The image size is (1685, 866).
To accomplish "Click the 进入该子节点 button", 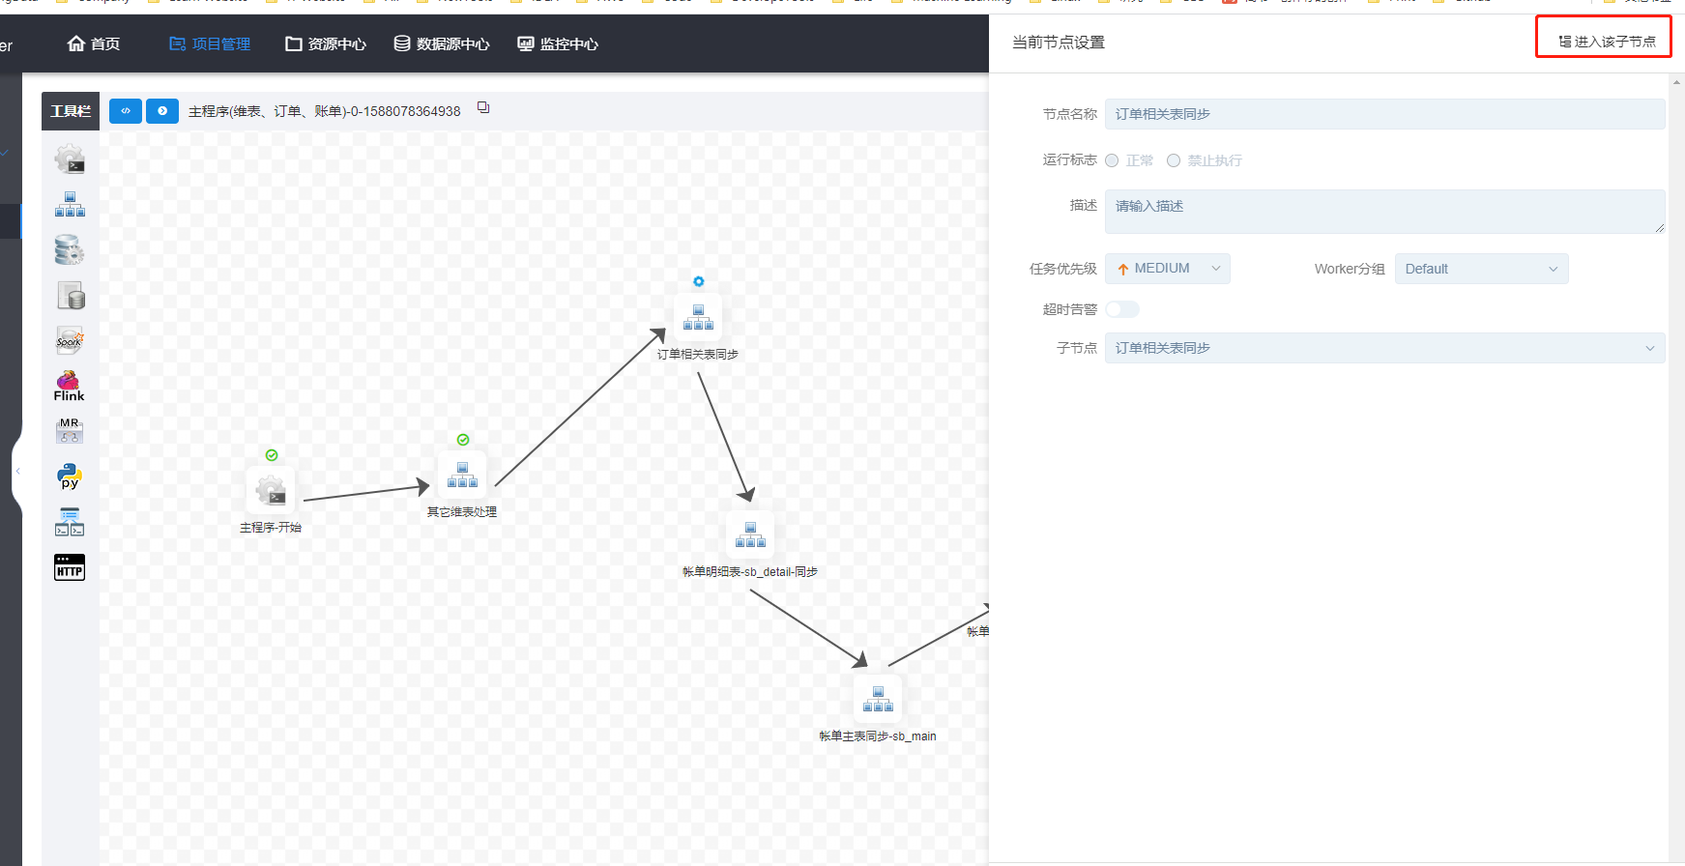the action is (x=1607, y=42).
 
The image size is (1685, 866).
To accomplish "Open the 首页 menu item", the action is (x=94, y=43).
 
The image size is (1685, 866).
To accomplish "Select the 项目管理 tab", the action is (x=210, y=43).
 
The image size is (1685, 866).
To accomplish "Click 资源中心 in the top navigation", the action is (x=326, y=43).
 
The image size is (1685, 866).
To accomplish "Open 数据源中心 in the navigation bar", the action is (x=442, y=43).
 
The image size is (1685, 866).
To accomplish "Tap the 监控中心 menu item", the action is (x=558, y=43).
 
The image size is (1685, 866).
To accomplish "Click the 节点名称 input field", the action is (x=1383, y=114).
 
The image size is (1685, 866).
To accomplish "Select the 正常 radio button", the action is (x=1113, y=160).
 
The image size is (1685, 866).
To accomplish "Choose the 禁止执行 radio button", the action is (x=1174, y=160).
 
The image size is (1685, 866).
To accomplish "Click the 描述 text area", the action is (x=1383, y=211).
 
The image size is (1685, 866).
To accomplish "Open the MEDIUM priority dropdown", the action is (x=1168, y=269).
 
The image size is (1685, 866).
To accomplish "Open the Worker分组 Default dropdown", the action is (x=1481, y=269).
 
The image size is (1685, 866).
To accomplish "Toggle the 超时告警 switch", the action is (x=1122, y=309).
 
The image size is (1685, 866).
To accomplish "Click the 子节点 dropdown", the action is (x=1383, y=348).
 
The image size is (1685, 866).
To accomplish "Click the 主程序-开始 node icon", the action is (x=271, y=491).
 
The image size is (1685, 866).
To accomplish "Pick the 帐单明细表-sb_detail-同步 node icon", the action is (x=750, y=534).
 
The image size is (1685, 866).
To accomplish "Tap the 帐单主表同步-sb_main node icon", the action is (x=878, y=698).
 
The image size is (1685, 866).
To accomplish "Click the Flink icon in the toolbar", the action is (x=69, y=386).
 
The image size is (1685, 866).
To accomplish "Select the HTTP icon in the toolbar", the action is (x=70, y=567).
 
